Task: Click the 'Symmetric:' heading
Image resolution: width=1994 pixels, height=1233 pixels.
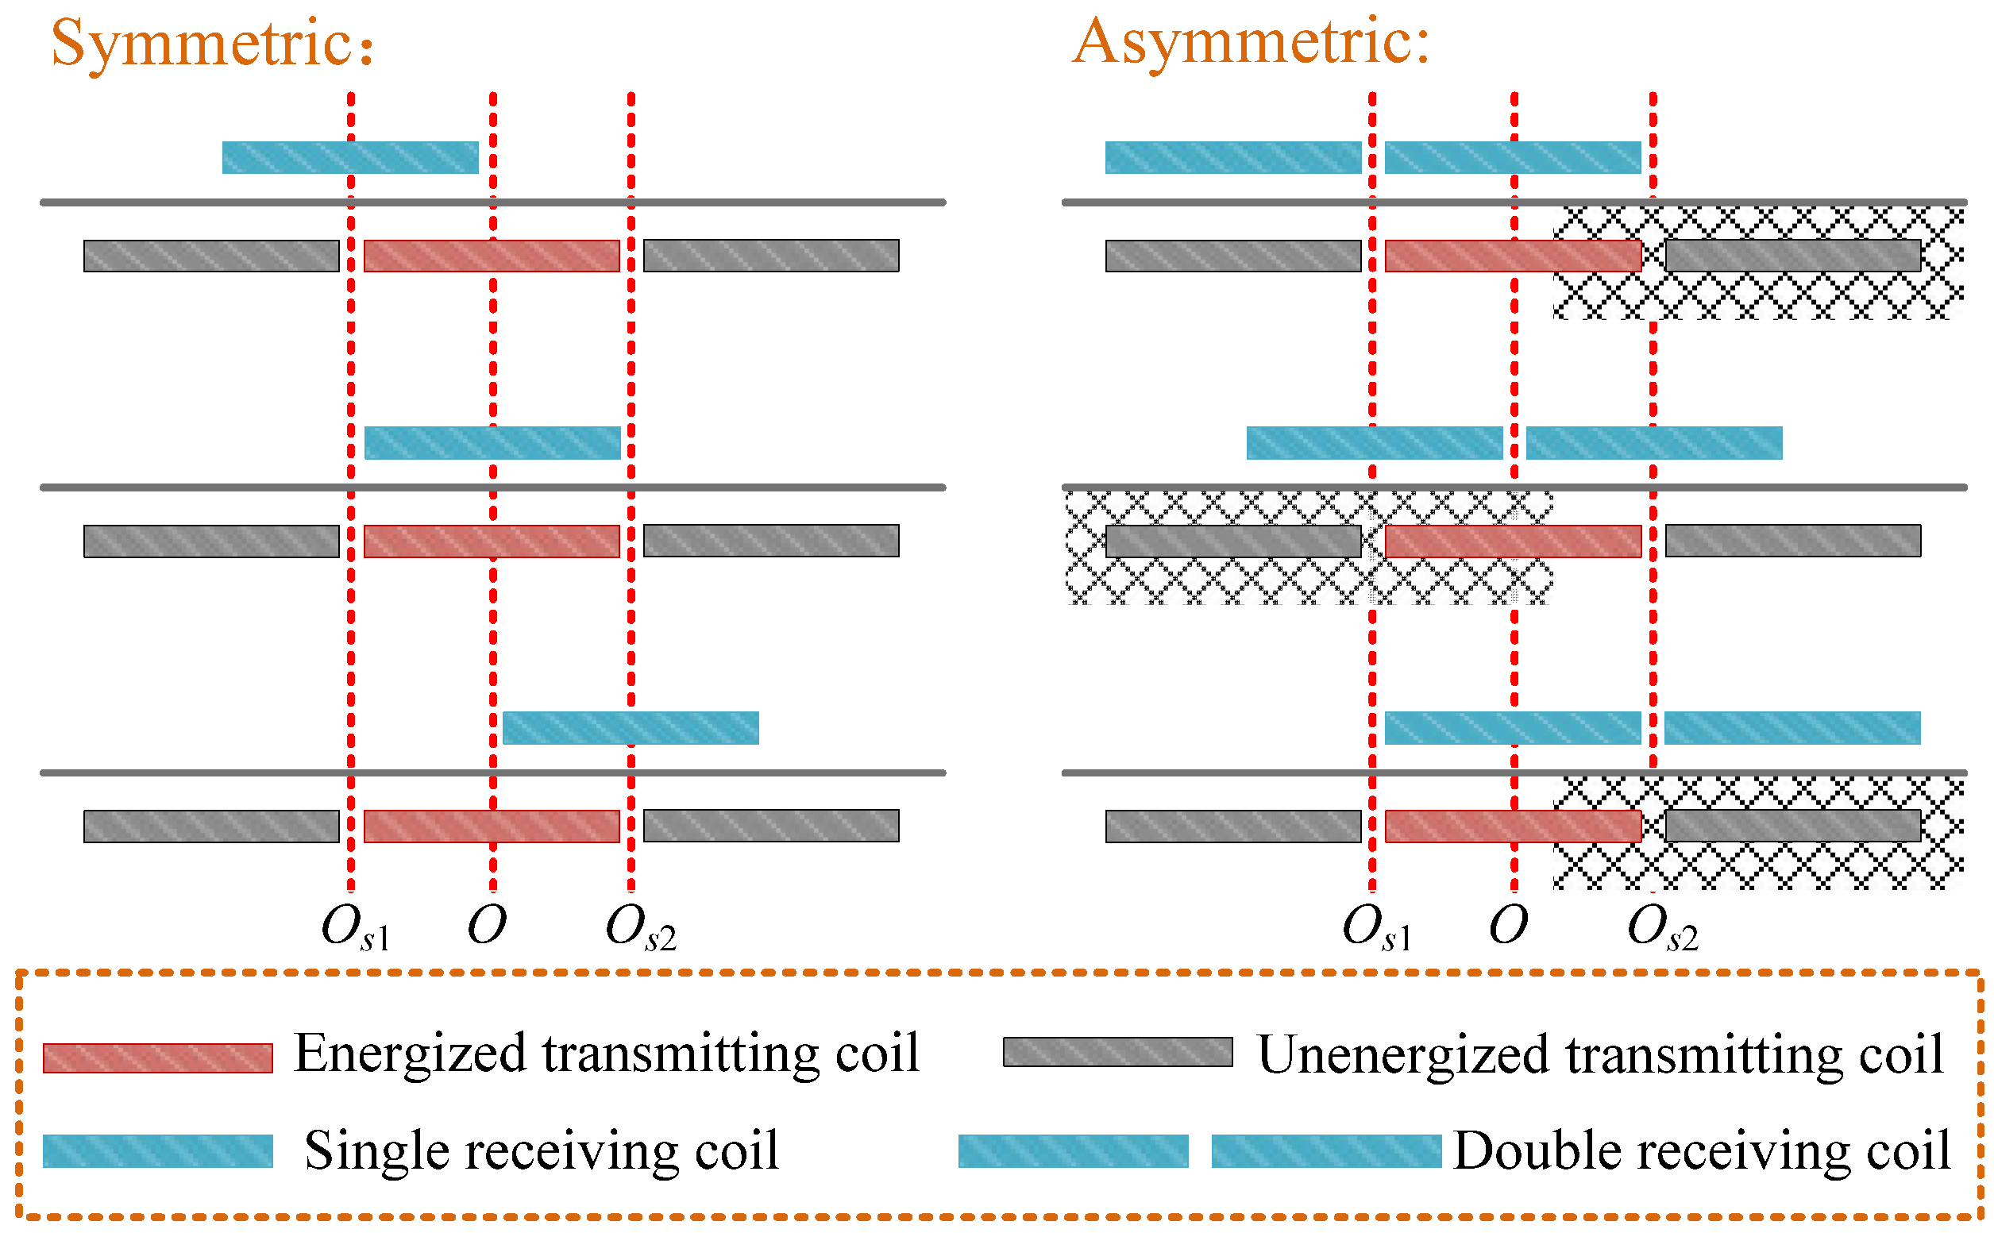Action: click(x=212, y=43)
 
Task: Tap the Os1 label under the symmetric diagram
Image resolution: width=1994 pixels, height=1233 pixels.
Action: click(x=355, y=928)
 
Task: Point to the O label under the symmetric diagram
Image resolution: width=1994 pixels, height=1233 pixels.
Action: click(x=487, y=926)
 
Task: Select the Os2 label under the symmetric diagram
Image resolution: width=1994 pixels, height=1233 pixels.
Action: click(x=640, y=928)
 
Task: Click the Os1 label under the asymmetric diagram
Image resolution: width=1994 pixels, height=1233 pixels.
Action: click(x=1376, y=928)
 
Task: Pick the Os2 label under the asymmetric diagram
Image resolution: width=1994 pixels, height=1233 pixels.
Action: click(x=1661, y=928)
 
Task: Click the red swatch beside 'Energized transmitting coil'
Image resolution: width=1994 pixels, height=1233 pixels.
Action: click(x=157, y=1058)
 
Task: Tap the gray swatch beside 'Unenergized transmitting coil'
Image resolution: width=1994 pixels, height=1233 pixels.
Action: click(x=1117, y=1052)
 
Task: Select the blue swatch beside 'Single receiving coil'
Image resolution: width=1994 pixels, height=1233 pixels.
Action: click(x=157, y=1150)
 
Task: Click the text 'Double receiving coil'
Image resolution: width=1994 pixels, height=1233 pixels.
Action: click(x=1700, y=1150)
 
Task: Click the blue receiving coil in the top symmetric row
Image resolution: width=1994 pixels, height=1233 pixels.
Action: click(x=350, y=157)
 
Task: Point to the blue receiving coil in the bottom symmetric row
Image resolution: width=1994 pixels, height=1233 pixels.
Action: click(x=630, y=727)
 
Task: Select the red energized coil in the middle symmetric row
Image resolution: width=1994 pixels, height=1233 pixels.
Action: click(x=491, y=541)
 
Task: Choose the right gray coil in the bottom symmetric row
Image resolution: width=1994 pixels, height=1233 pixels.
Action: click(x=771, y=825)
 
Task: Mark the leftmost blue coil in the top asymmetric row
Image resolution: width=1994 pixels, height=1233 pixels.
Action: click(x=1232, y=157)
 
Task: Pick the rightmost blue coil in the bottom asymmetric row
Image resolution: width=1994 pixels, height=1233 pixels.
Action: click(x=1791, y=727)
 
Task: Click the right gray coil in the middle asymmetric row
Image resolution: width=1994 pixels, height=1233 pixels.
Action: click(x=1792, y=541)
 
